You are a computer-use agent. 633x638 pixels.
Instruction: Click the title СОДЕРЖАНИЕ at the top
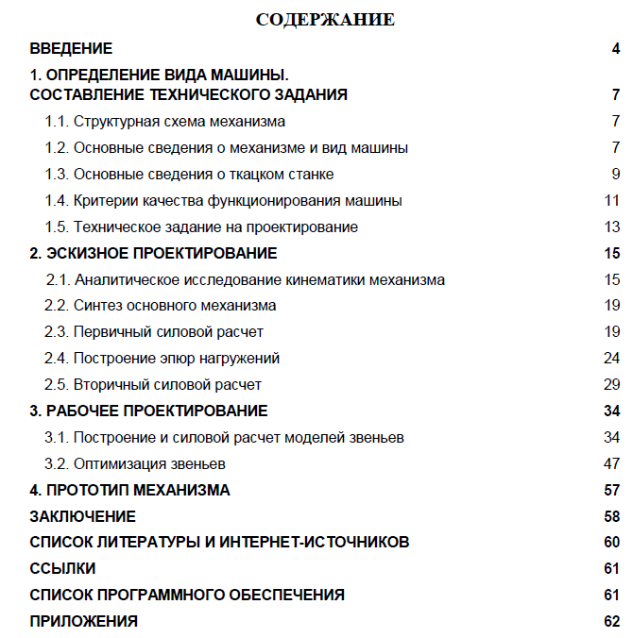coord(325,19)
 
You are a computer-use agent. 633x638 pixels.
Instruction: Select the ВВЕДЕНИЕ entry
coord(71,48)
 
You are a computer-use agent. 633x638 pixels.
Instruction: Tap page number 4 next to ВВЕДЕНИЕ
coord(615,48)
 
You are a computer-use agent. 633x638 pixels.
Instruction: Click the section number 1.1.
coord(56,122)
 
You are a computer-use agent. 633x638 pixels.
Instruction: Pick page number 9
coord(615,174)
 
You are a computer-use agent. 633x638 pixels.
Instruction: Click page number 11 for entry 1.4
coord(611,200)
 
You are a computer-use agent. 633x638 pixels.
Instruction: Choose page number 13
coord(611,227)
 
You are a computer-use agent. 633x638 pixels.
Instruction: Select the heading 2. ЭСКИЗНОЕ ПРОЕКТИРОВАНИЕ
coord(153,253)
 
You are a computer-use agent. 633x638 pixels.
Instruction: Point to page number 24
coord(611,358)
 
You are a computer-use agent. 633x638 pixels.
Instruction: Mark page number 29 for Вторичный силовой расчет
coord(611,384)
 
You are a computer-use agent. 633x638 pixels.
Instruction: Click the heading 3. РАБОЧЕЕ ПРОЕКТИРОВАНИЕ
coord(148,411)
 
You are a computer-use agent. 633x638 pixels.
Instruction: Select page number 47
coord(611,463)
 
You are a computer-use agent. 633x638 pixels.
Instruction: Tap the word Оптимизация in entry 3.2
coord(117,463)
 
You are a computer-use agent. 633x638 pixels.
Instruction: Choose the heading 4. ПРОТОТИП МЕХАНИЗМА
coord(129,490)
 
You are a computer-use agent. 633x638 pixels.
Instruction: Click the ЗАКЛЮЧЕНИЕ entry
coord(82,516)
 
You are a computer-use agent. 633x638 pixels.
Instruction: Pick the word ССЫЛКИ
coord(62,568)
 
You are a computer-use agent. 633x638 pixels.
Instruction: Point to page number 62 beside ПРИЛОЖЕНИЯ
coord(611,621)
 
